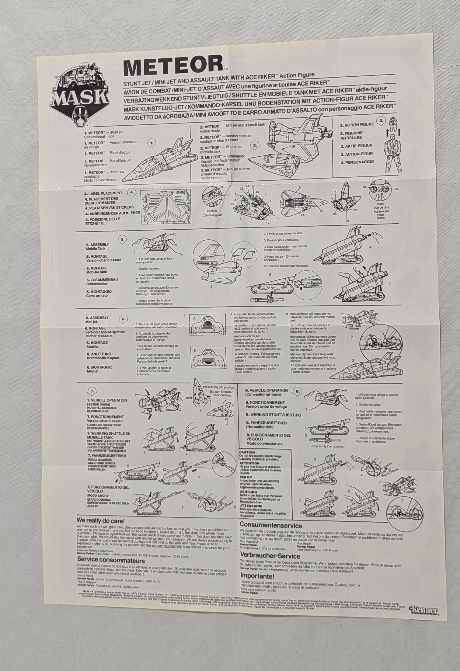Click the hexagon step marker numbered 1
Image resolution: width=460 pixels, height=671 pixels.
(x=152, y=142)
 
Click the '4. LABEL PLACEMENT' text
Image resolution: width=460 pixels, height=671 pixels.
(x=103, y=193)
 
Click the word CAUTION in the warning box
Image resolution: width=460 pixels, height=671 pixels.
(x=247, y=453)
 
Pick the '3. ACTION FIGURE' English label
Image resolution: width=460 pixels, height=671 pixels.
(x=357, y=124)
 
